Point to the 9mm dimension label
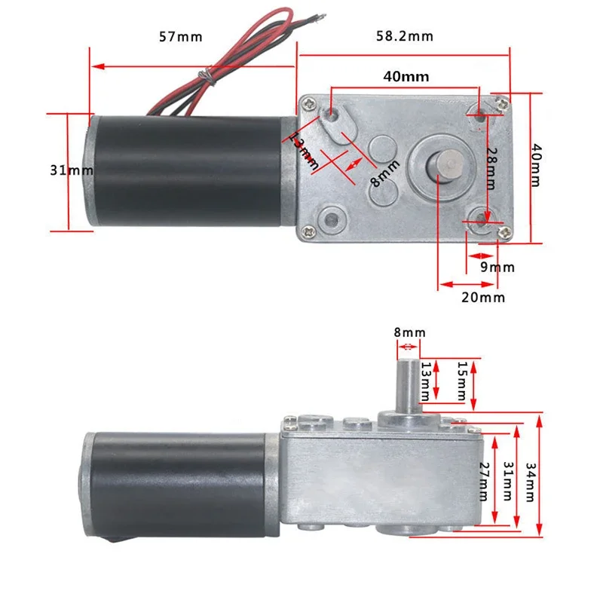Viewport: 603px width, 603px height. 497,267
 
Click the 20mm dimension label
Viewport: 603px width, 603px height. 482,297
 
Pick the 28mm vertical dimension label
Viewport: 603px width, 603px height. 491,168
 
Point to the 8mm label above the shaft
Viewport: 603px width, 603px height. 409,332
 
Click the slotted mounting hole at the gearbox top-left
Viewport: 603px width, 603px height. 332,116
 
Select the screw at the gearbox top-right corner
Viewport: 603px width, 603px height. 500,99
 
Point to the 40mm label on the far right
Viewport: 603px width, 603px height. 536,167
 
